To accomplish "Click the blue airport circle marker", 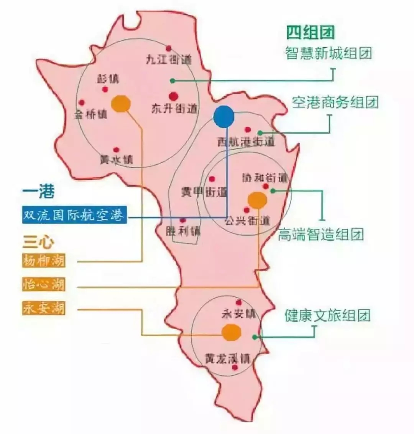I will pyautogui.click(x=224, y=117).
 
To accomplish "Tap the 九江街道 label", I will pyautogui.click(x=169, y=59).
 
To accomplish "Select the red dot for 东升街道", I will pyautogui.click(x=174, y=96).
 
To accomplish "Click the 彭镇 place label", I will pyautogui.click(x=108, y=79).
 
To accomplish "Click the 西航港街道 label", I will pyautogui.click(x=246, y=142).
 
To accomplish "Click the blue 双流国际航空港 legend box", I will pyautogui.click(x=74, y=215).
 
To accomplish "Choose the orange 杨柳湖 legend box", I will pyautogui.click(x=43, y=261).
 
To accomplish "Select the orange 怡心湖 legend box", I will pyautogui.click(x=43, y=284).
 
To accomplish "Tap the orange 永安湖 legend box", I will pyautogui.click(x=43, y=308).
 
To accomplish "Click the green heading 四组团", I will pyautogui.click(x=310, y=33).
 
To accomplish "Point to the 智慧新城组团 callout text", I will pyautogui.click(x=329, y=53).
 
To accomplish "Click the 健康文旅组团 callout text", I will pyautogui.click(x=328, y=315).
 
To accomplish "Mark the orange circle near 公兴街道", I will pyautogui.click(x=257, y=200).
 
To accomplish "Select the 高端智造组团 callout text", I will pyautogui.click(x=320, y=234).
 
